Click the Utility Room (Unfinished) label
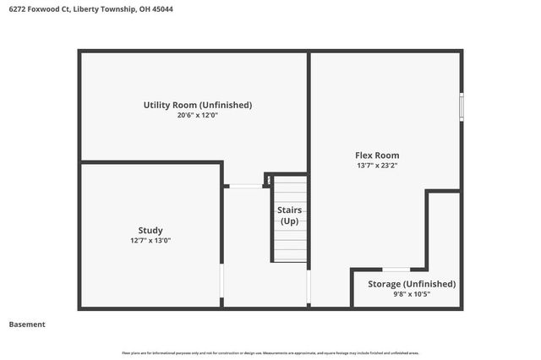197,105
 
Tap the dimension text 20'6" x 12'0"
197,116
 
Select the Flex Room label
376,155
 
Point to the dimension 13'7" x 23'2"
376,166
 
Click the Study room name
150,230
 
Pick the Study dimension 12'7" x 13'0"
150,241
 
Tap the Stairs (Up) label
290,215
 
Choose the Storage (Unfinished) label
412,284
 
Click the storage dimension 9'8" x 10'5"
412,295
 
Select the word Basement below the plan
27,325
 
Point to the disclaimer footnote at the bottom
270,352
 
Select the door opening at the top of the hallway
246,186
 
